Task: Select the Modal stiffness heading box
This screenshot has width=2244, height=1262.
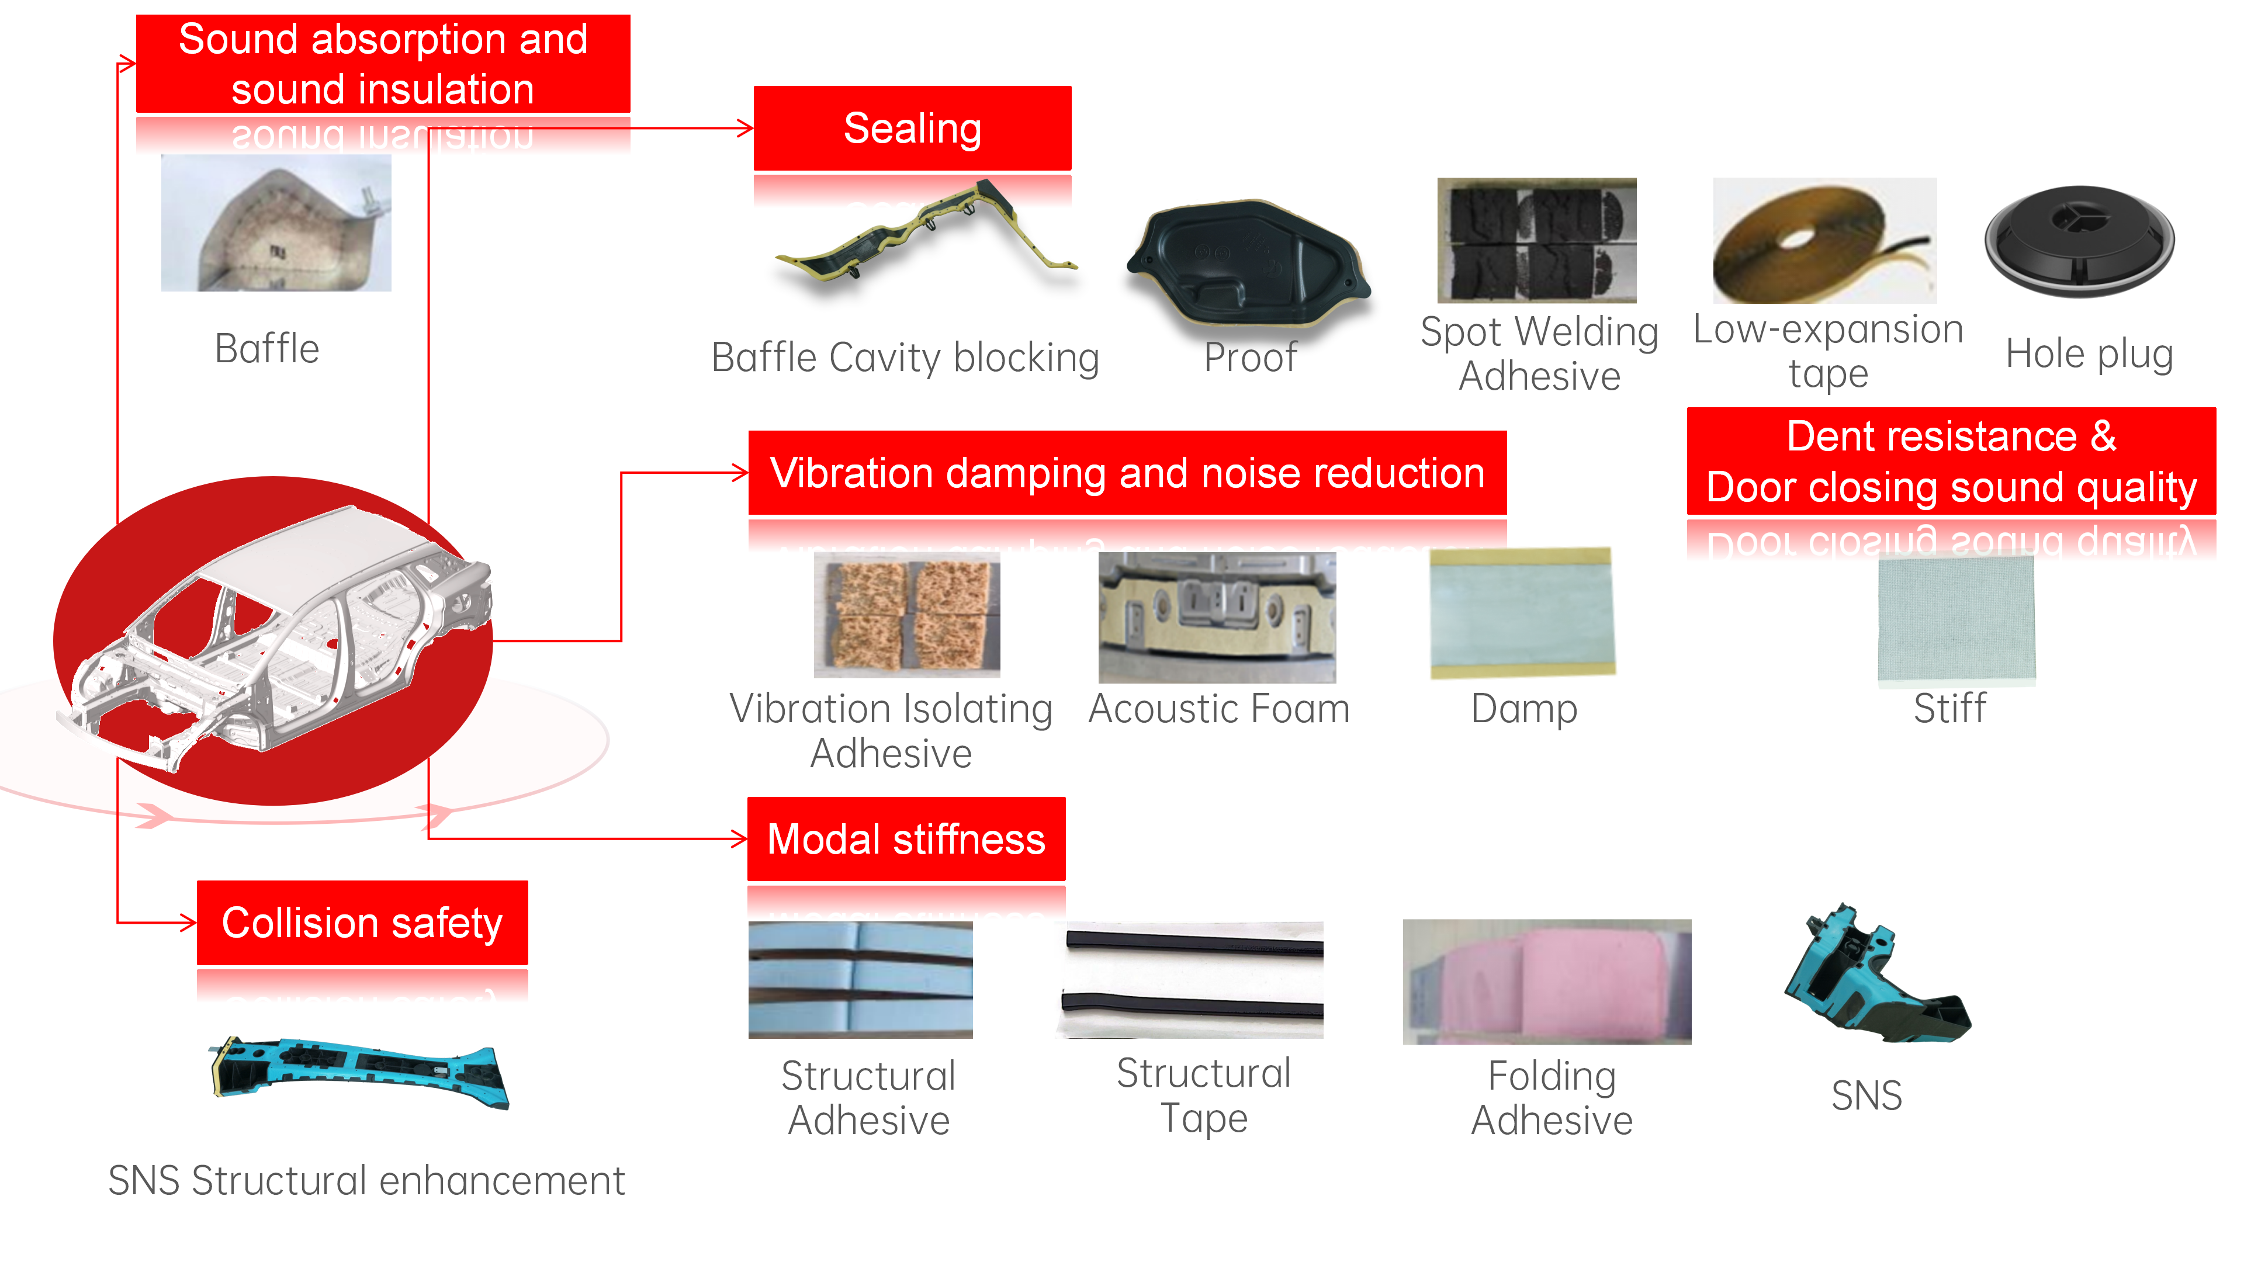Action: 906,839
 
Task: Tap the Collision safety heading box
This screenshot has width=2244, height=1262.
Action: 362,923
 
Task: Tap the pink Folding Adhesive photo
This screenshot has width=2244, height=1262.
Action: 1546,982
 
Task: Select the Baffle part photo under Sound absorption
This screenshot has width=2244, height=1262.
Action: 276,224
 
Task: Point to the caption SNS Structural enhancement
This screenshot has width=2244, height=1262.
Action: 366,1181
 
